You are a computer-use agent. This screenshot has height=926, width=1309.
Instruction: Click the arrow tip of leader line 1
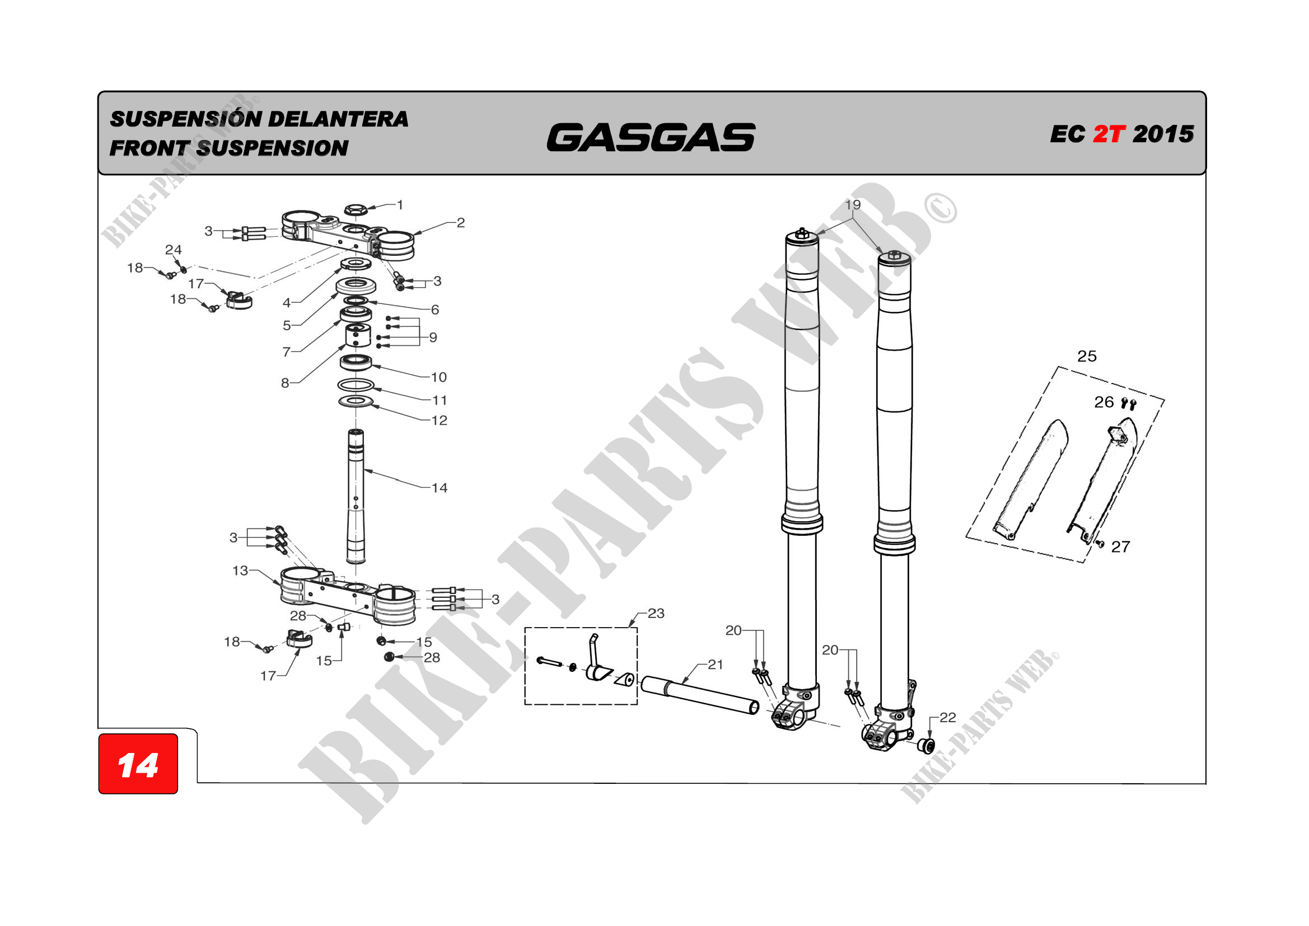[x=367, y=209]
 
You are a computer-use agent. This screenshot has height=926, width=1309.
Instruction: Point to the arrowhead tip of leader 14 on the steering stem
[x=363, y=470]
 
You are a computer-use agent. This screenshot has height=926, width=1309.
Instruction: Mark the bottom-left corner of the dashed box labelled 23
[x=525, y=705]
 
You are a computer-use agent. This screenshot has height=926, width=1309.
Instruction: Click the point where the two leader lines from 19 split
[x=853, y=218]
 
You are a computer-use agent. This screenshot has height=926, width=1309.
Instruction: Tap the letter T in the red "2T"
[x=1116, y=134]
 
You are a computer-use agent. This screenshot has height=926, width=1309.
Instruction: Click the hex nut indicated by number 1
[x=356, y=210]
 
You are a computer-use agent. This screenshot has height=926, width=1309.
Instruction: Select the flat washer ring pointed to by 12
[x=356, y=401]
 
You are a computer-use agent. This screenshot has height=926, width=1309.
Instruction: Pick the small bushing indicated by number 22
[x=926, y=745]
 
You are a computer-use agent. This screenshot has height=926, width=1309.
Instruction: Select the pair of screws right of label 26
[x=1128, y=404]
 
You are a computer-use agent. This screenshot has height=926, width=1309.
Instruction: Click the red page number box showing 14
[x=138, y=764]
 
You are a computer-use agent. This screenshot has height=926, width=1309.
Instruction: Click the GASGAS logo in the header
[x=651, y=137]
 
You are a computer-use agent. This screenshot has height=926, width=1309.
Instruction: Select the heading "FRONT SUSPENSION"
[x=229, y=148]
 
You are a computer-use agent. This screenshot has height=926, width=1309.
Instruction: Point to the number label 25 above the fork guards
[x=1087, y=357]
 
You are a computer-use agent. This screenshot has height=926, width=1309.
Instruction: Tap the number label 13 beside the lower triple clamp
[x=240, y=570]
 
